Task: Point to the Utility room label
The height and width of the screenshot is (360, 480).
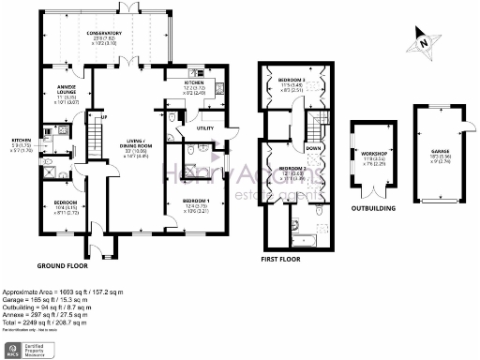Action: [x=203, y=127]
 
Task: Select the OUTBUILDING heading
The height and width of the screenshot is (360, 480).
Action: [x=374, y=208]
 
